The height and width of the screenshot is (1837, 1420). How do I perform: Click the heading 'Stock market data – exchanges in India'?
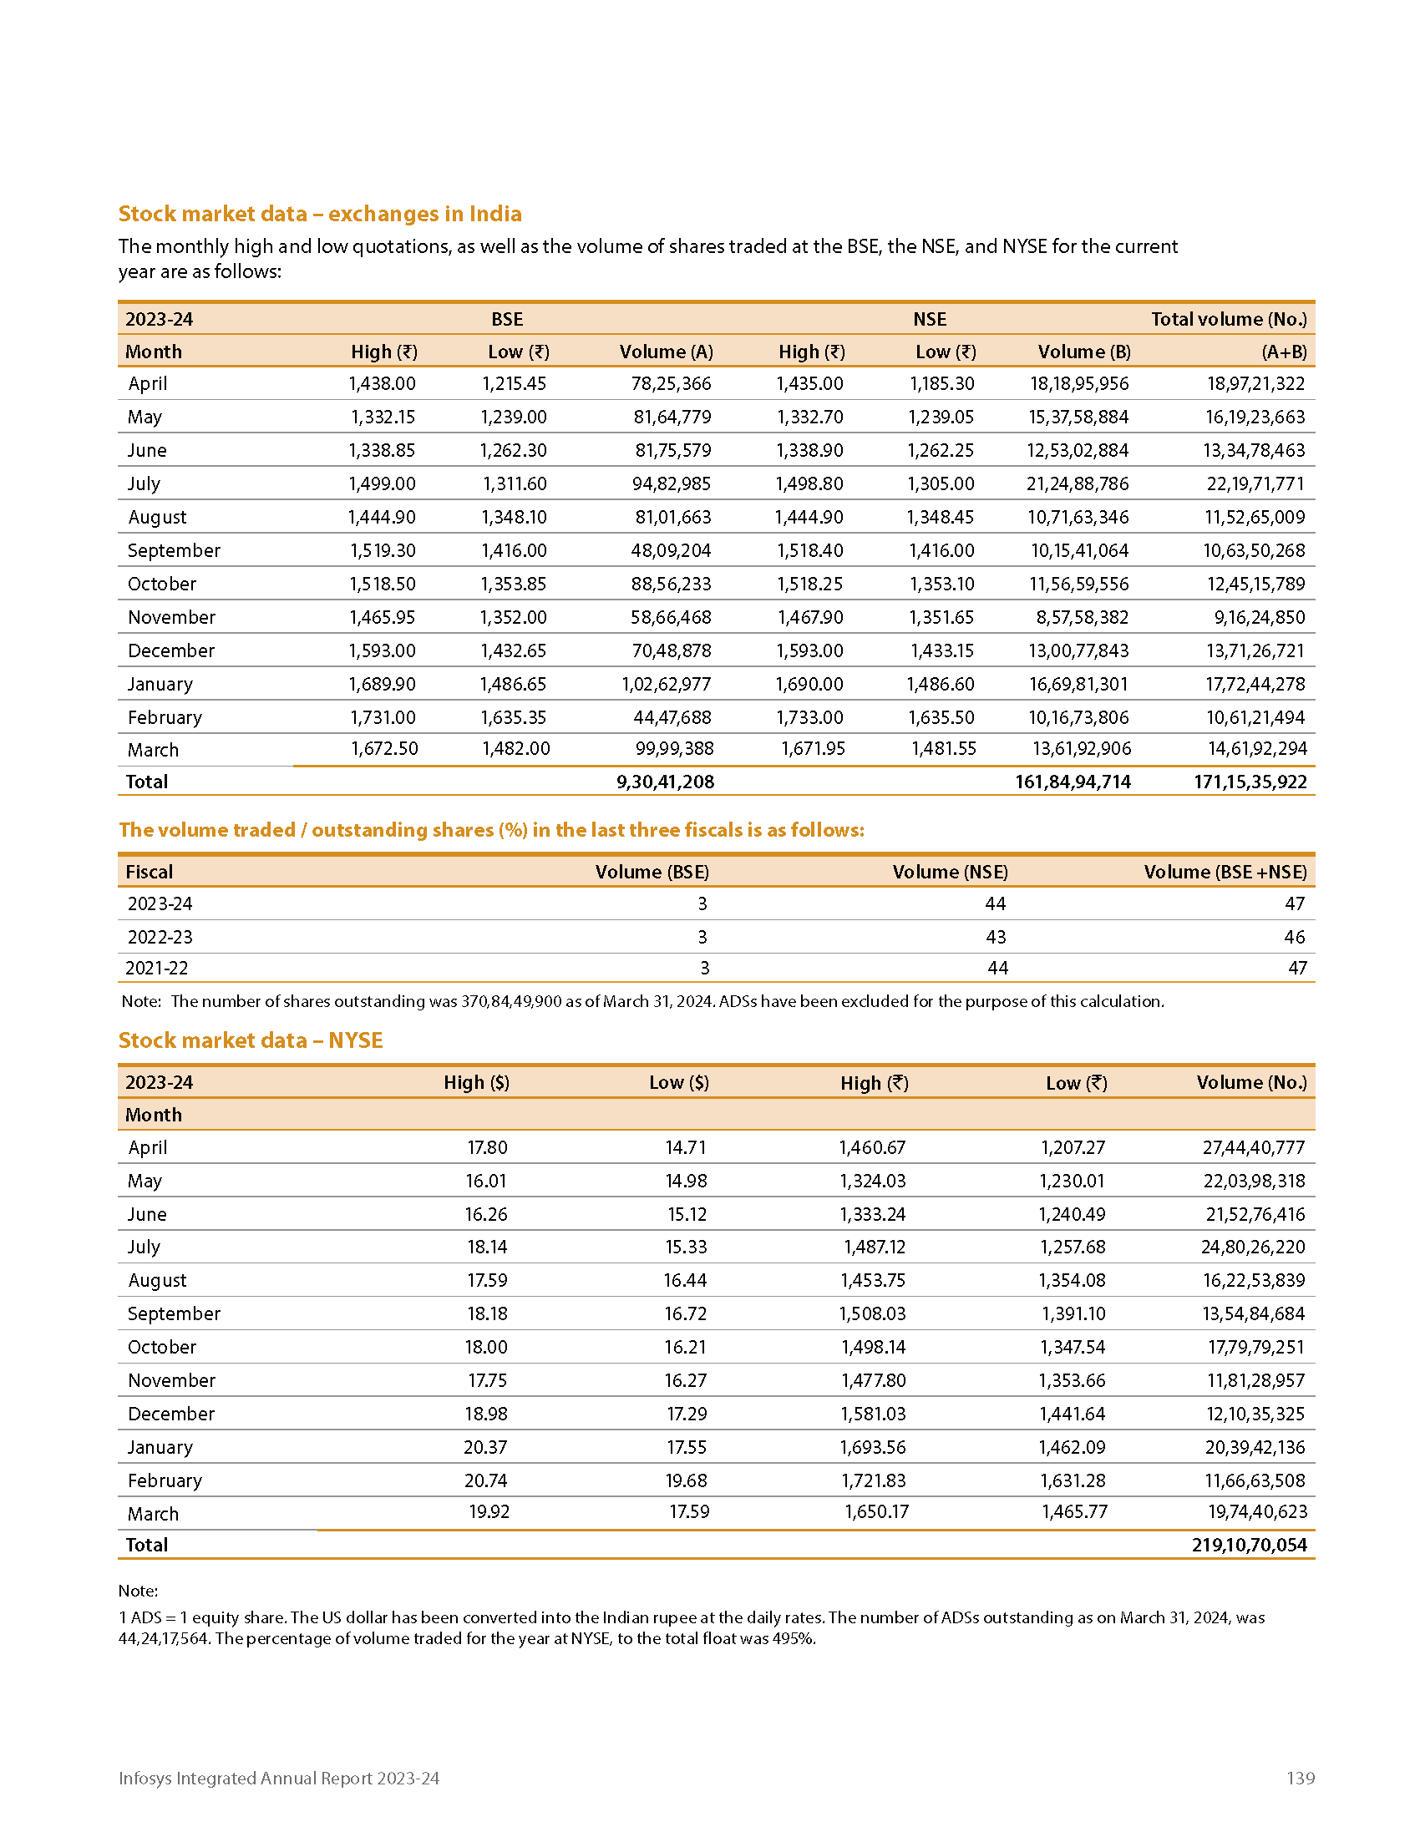click(320, 214)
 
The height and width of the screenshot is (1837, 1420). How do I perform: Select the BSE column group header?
click(507, 319)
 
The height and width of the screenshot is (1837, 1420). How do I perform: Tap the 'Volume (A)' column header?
click(667, 352)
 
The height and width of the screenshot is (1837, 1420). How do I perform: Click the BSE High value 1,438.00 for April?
click(382, 383)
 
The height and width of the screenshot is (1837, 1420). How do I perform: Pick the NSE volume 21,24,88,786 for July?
click(1078, 483)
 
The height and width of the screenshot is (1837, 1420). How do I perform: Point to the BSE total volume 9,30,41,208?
click(665, 782)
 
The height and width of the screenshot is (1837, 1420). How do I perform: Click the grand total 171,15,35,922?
click(1250, 782)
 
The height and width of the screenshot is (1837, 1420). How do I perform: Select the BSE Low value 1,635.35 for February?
click(513, 717)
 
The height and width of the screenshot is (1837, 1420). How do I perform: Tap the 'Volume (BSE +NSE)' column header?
click(1225, 872)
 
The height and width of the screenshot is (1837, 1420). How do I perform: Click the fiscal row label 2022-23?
click(160, 937)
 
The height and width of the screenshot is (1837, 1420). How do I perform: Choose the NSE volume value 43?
click(995, 937)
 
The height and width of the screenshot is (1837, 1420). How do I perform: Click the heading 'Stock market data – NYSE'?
click(251, 1040)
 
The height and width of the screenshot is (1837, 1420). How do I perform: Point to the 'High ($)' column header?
click(476, 1082)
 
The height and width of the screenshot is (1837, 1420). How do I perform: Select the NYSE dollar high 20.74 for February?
click(486, 1480)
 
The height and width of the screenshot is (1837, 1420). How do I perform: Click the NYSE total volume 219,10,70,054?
click(1250, 1545)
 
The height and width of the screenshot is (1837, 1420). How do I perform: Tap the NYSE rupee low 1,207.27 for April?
click(1073, 1147)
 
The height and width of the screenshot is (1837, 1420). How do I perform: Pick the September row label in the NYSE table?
click(174, 1313)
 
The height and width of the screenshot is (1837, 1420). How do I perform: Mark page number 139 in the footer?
click(1300, 1778)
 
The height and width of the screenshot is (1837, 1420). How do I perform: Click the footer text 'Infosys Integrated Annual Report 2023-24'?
click(278, 1778)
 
